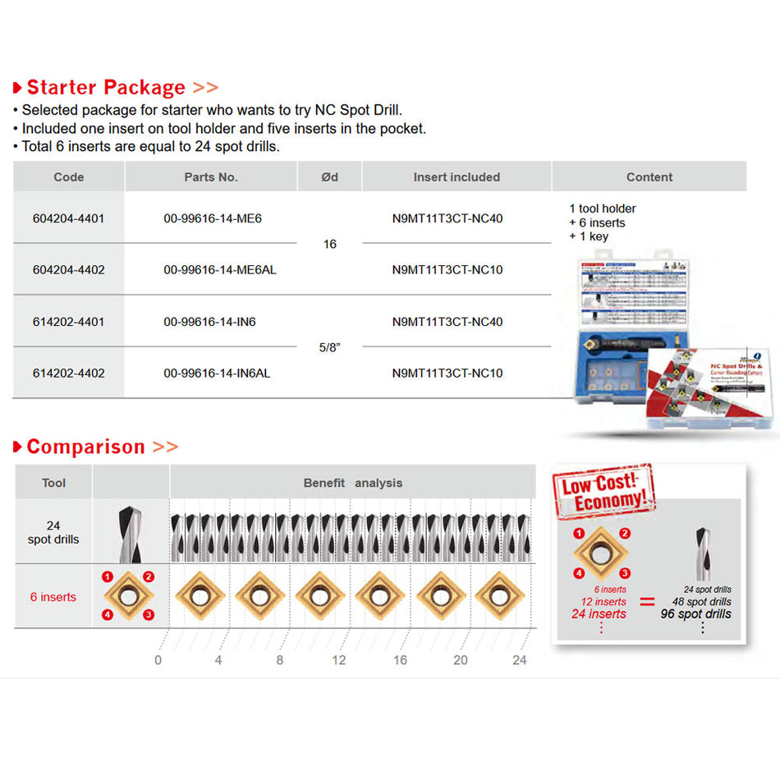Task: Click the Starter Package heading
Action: [x=107, y=87]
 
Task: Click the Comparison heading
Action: [x=86, y=447]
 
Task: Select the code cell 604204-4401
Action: [x=68, y=218]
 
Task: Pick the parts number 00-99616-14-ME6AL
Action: [x=219, y=269]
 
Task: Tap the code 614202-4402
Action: [x=68, y=373]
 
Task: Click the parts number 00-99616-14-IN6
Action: [x=209, y=322]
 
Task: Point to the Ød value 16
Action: [x=329, y=244]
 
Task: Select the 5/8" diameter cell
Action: [x=329, y=347]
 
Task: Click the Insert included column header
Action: [x=457, y=177]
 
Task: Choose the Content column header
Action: [x=649, y=177]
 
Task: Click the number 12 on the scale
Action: [x=339, y=660]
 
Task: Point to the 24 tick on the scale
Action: [x=519, y=660]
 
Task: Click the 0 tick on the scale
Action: [x=158, y=660]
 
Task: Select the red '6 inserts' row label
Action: [x=53, y=597]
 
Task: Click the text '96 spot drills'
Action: [x=695, y=614]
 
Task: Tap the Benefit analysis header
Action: [x=353, y=483]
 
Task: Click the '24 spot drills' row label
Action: [x=53, y=532]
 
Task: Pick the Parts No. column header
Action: [x=211, y=177]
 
